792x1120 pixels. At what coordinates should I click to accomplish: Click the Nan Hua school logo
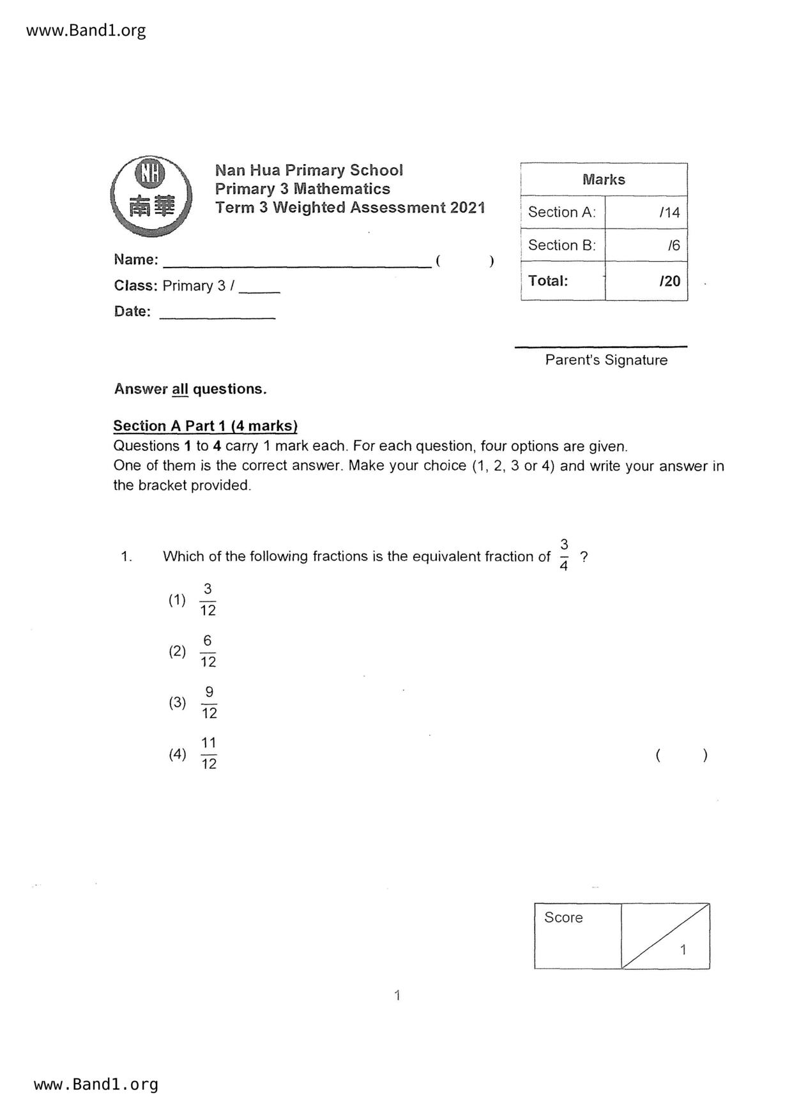pyautogui.click(x=151, y=195)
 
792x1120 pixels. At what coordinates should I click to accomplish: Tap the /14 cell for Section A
pyautogui.click(x=646, y=213)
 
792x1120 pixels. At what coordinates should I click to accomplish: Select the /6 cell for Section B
pyautogui.click(x=646, y=245)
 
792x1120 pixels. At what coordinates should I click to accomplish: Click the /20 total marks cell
pyautogui.click(x=646, y=281)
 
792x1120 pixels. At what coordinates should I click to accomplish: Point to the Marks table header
pyautogui.click(x=604, y=179)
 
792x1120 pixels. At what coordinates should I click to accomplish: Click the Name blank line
pyautogui.click(x=297, y=262)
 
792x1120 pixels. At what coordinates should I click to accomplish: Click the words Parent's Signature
pyautogui.click(x=606, y=360)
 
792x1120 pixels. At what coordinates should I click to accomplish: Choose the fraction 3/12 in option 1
pyautogui.click(x=208, y=600)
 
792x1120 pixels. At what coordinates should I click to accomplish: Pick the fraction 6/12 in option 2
pyautogui.click(x=208, y=651)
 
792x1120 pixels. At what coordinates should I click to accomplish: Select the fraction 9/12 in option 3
pyautogui.click(x=209, y=702)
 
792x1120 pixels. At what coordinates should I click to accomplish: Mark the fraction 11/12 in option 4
pyautogui.click(x=209, y=753)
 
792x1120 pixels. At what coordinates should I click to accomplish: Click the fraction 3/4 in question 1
pyautogui.click(x=563, y=555)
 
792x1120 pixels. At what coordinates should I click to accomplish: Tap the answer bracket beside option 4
pyautogui.click(x=682, y=755)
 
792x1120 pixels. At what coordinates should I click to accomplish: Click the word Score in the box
pyautogui.click(x=563, y=918)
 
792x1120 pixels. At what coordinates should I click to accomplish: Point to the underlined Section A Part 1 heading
pyautogui.click(x=205, y=426)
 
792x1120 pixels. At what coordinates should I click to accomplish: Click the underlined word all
pyautogui.click(x=180, y=389)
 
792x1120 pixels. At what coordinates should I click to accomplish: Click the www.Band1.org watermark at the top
pyautogui.click(x=86, y=30)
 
